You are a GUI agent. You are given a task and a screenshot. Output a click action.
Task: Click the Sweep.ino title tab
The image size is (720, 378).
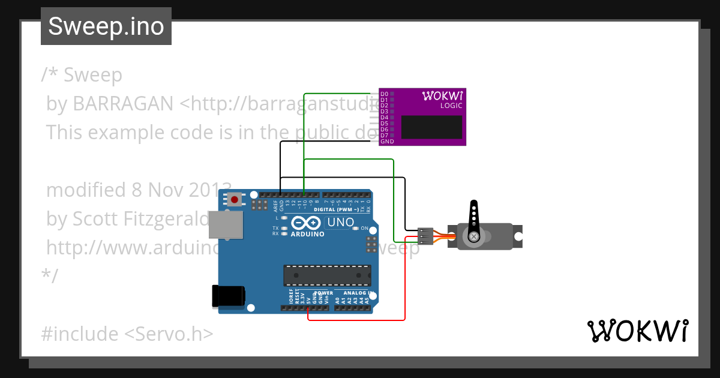point(106,26)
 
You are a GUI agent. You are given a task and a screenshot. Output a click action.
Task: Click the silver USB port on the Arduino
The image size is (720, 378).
point(226,224)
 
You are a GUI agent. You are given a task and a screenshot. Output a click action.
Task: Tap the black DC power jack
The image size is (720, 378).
point(228,296)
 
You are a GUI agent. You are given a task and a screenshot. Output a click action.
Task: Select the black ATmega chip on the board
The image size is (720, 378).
point(327,275)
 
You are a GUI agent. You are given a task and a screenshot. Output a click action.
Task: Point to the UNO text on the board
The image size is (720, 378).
point(340,223)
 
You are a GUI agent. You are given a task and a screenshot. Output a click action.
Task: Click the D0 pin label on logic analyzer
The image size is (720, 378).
point(385,94)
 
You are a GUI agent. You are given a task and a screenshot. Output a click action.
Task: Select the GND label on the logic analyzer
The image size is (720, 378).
point(387,142)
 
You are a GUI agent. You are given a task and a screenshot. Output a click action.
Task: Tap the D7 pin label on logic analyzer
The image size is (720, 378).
point(385,136)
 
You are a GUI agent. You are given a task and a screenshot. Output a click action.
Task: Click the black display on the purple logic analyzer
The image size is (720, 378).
point(431,127)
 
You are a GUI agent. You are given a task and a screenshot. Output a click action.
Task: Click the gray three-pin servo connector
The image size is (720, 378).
point(425,236)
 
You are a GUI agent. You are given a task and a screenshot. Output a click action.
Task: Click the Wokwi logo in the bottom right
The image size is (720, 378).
point(637,331)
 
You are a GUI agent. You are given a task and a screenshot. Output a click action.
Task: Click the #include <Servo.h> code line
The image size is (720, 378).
point(127,334)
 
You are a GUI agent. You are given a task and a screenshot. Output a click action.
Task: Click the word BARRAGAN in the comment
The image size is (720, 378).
point(123,104)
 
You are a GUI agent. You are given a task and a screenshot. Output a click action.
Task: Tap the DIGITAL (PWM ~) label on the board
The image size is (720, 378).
point(335,210)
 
